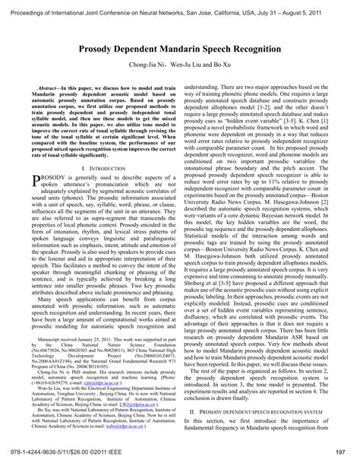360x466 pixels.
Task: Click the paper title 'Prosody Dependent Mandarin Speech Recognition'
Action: (179, 47)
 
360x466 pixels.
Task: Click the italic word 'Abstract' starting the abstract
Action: (51, 88)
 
